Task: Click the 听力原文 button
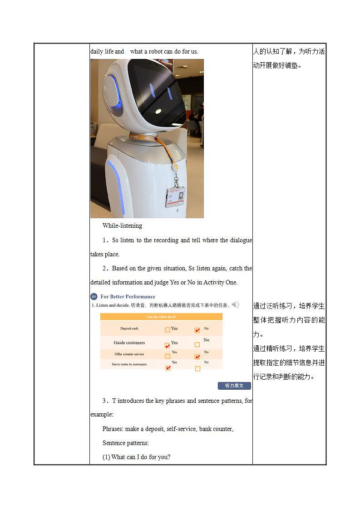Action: tap(234, 386)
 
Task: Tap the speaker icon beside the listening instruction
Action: tap(236, 304)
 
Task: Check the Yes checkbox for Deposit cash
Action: tap(168, 330)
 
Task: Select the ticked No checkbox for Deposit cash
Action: tap(197, 330)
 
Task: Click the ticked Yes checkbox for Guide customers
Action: tap(167, 345)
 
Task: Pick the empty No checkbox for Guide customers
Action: tap(197, 345)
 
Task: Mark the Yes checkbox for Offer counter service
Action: tap(168, 356)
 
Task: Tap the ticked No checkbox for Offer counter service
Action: tap(197, 357)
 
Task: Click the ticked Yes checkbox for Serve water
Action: tap(168, 368)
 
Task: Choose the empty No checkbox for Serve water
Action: tap(197, 368)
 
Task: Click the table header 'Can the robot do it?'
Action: tap(161, 317)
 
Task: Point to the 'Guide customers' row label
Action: tap(129, 343)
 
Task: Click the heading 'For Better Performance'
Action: tap(128, 297)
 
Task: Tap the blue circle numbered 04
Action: tap(94, 297)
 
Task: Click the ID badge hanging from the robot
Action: tap(175, 196)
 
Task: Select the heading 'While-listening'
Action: tap(122, 225)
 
